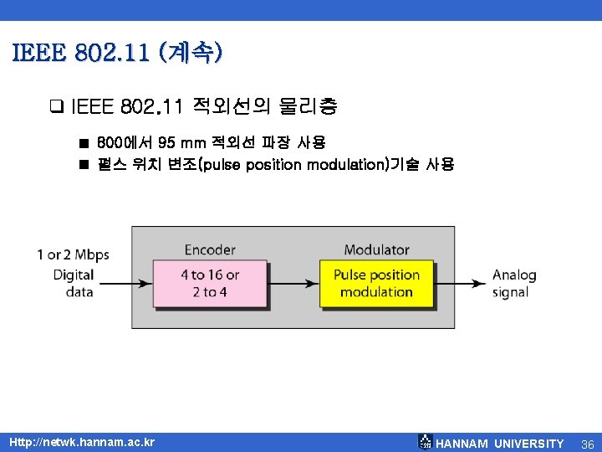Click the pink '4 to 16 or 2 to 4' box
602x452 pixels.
(x=209, y=283)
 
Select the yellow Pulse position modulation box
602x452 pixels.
(x=376, y=283)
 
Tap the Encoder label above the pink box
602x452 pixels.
(x=210, y=249)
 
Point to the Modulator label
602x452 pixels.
(x=376, y=249)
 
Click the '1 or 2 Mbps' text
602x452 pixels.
(x=73, y=254)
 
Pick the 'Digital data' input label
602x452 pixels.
(x=73, y=283)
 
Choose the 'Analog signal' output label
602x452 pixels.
(x=513, y=283)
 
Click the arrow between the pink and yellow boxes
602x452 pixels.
(x=292, y=283)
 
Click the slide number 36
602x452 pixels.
(x=586, y=443)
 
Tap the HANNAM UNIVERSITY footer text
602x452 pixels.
(x=500, y=443)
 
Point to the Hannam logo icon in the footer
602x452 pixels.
(x=425, y=442)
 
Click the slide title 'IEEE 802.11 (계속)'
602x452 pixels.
(x=118, y=54)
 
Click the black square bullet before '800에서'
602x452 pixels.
(x=84, y=143)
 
